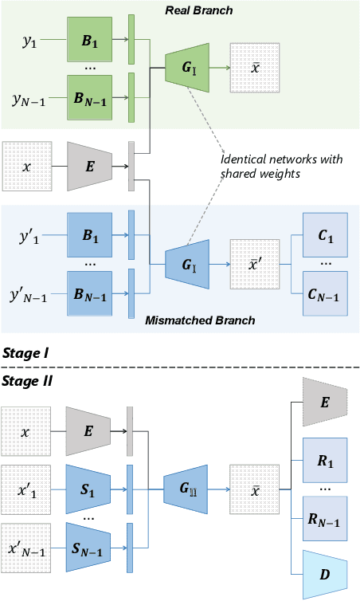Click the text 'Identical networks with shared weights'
280,165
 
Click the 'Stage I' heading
25,352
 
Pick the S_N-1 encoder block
91,543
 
